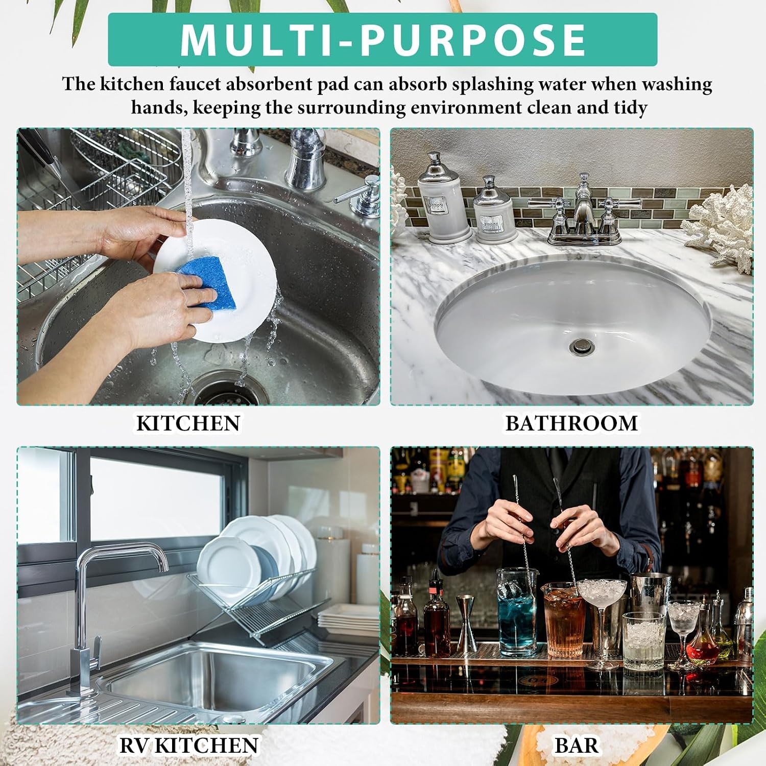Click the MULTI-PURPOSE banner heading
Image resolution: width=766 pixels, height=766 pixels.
click(x=382, y=39)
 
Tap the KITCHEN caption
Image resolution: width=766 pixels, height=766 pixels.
click(x=188, y=423)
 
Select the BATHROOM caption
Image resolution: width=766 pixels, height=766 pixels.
click(x=571, y=423)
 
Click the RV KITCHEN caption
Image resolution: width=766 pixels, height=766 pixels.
click(x=188, y=745)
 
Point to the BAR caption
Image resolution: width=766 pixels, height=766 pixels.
click(x=577, y=745)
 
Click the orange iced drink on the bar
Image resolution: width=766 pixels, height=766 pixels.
click(x=564, y=621)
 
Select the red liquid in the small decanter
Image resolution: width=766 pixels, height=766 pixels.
click(x=702, y=650)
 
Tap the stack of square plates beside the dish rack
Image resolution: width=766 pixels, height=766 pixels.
click(x=348, y=620)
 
